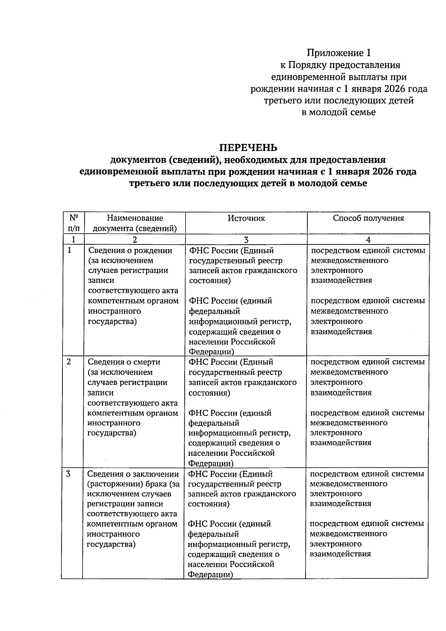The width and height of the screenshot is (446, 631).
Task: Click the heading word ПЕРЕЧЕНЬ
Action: (x=248, y=148)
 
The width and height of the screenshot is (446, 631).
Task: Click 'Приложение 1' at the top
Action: (x=339, y=53)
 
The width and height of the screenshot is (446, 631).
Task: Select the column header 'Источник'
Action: (x=246, y=218)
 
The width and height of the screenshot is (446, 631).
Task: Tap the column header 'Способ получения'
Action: (x=368, y=218)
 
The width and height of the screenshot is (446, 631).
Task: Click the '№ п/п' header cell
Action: (x=73, y=223)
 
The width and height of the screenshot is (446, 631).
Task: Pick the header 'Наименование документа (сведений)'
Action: (x=135, y=223)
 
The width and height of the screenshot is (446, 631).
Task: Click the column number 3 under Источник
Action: (x=246, y=240)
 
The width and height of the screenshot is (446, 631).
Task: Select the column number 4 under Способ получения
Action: (x=368, y=240)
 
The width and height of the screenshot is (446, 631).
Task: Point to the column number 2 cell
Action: (x=135, y=240)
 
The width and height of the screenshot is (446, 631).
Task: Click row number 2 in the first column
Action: (x=69, y=362)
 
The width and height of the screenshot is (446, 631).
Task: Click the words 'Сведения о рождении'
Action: (x=130, y=251)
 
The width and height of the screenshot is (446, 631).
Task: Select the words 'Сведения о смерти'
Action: (x=124, y=362)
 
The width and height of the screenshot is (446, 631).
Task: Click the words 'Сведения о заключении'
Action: (x=133, y=474)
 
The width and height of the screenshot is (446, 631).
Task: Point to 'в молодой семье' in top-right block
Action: (x=339, y=112)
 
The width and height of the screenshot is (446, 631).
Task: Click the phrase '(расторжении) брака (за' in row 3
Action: (x=133, y=484)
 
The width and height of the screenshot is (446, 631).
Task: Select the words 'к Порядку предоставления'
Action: (x=340, y=65)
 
